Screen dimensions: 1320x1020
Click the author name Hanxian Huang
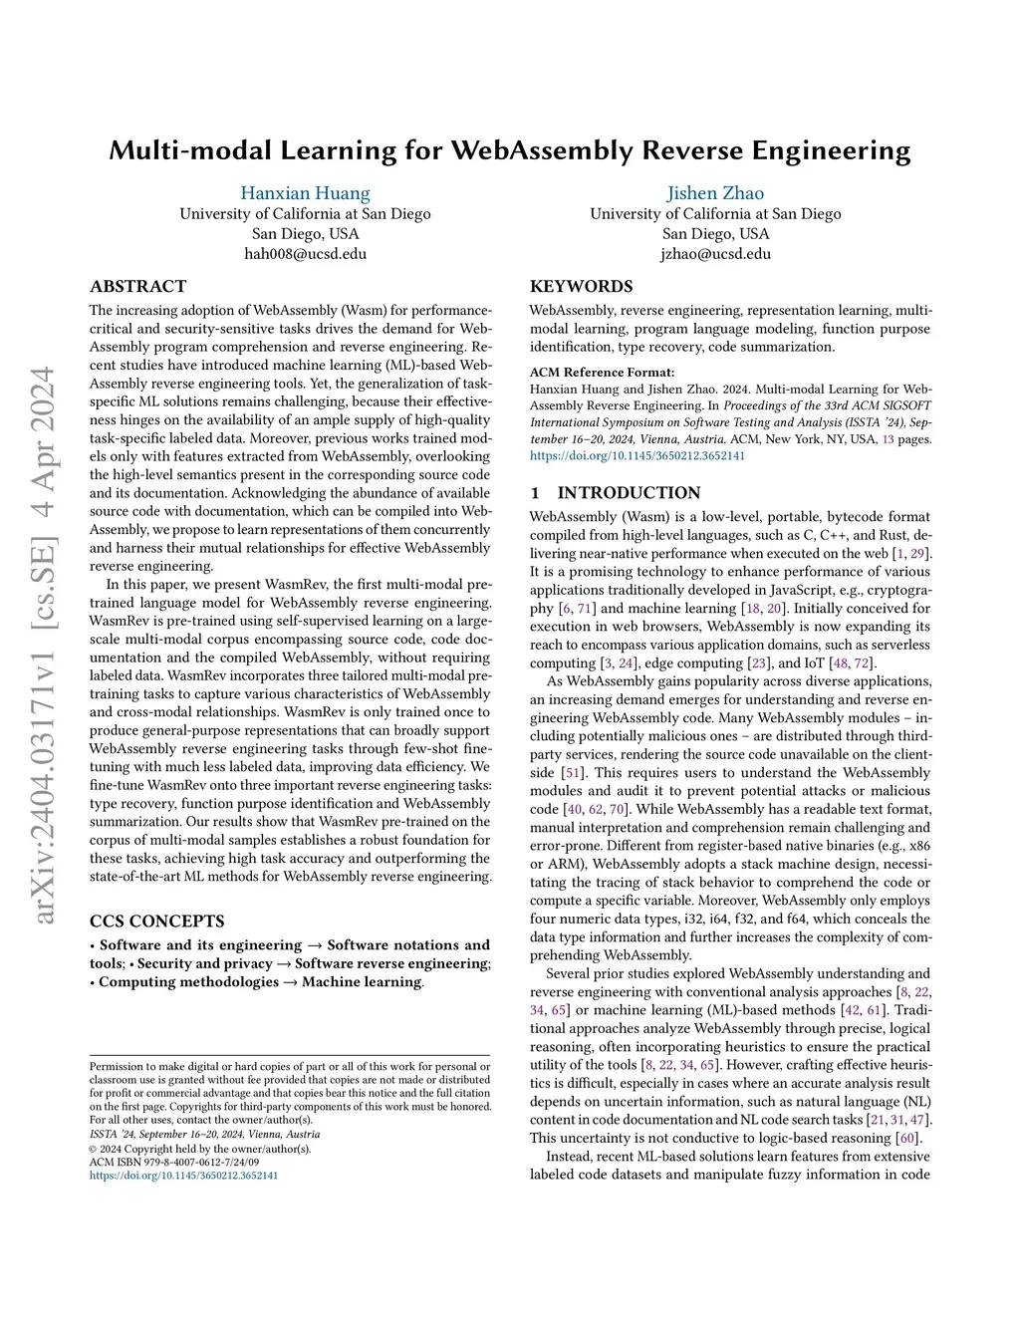(x=305, y=193)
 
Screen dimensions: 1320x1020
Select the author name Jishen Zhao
(x=715, y=193)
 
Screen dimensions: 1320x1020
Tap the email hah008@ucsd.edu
(x=305, y=254)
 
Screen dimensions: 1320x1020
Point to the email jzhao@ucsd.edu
(x=715, y=254)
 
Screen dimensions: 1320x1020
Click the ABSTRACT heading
(x=138, y=286)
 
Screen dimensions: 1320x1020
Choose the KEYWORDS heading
(x=581, y=286)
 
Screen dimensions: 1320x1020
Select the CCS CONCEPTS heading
(x=157, y=921)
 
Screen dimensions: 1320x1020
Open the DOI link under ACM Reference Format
(x=637, y=456)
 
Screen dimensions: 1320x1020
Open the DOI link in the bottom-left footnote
(x=184, y=1176)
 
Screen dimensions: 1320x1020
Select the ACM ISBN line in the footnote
(x=174, y=1162)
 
